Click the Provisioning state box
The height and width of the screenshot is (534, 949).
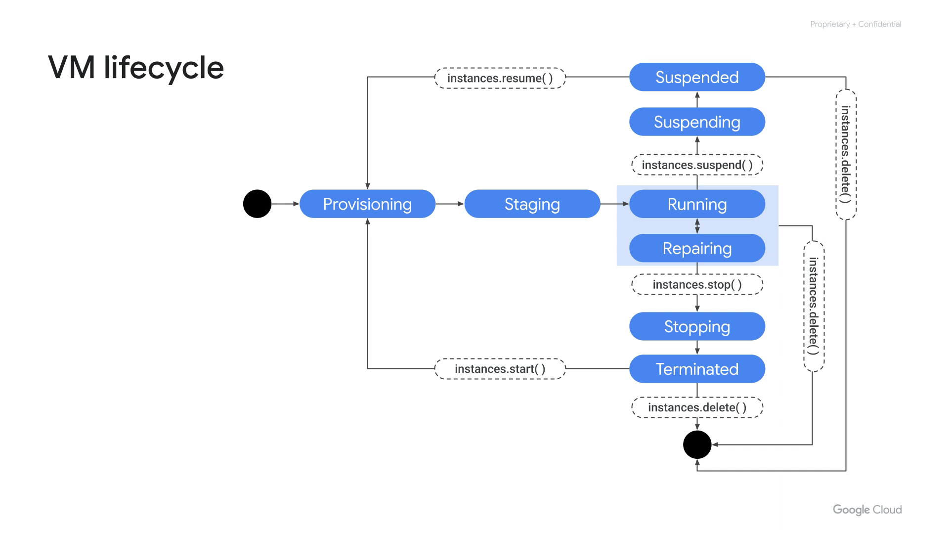367,204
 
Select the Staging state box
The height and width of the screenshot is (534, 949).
532,204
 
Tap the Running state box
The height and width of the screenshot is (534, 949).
697,204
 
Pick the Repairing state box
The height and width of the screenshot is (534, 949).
697,248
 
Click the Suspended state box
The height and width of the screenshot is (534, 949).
697,77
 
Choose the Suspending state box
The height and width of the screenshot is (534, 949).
697,122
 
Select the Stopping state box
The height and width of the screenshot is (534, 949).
697,326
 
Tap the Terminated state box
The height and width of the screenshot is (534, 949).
697,369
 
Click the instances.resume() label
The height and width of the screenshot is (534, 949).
500,78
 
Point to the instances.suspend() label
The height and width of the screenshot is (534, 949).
697,165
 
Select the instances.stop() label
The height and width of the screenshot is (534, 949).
697,284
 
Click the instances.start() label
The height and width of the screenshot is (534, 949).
500,369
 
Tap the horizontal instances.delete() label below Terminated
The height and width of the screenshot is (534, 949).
697,407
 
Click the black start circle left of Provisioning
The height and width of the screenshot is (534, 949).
257,204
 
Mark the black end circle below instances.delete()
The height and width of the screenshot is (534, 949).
697,445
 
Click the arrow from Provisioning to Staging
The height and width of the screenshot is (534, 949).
450,204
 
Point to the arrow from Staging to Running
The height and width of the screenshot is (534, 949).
614,204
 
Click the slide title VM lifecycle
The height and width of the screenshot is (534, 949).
136,68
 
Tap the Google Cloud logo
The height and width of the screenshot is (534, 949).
867,510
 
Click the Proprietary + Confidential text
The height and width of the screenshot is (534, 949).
856,24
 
